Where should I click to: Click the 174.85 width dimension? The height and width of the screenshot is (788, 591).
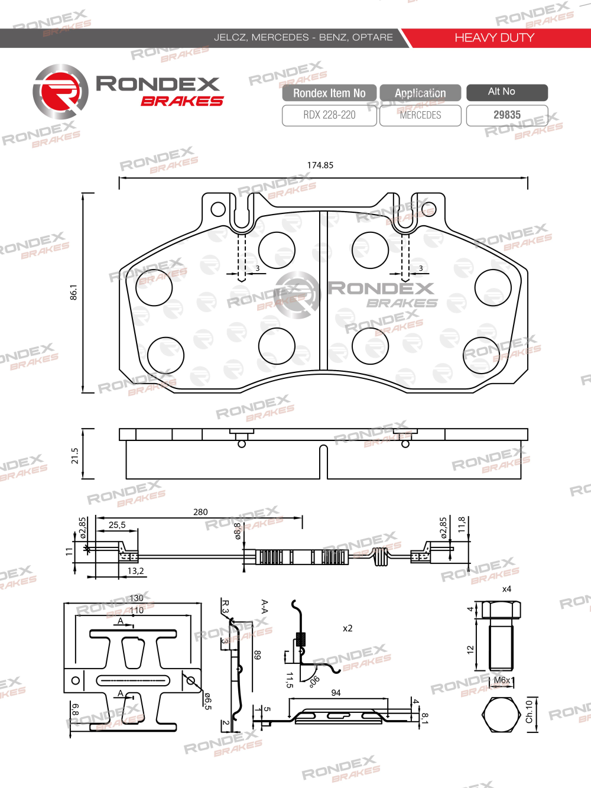pos(320,165)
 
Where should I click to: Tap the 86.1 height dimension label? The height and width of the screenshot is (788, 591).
pos(74,292)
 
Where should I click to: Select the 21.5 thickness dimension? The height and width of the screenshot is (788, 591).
pos(74,455)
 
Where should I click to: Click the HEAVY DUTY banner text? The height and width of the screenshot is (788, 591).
pos(494,38)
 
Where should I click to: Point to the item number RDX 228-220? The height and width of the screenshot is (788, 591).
pos(329,115)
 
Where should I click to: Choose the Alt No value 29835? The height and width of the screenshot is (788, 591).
pos(507,115)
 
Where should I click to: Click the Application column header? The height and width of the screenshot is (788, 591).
pos(420,93)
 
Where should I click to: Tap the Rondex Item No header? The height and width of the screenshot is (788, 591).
pos(329,93)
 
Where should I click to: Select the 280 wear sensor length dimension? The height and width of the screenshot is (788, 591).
pos(200,512)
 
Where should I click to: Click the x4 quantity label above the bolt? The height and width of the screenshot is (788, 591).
pos(506,589)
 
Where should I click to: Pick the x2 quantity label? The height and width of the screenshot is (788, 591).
pos(348,628)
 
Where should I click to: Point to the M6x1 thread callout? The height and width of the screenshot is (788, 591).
pos(503,680)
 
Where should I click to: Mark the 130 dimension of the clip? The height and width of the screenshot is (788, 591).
pos(137,598)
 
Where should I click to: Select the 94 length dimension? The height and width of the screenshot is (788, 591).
pos(336,692)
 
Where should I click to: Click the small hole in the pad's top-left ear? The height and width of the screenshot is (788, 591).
pos(218,209)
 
